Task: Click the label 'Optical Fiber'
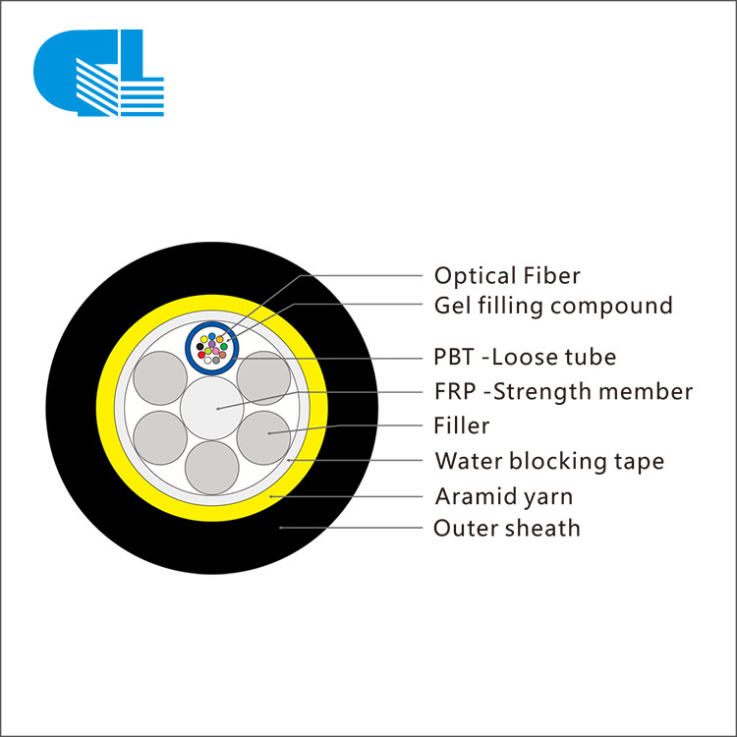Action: click(x=507, y=275)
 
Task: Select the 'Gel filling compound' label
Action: click(x=553, y=306)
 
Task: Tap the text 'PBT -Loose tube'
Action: click(x=525, y=357)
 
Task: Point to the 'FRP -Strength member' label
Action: click(x=563, y=391)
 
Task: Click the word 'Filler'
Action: click(x=461, y=425)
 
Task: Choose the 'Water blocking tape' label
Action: click(x=549, y=461)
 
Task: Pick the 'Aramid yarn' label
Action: click(x=504, y=496)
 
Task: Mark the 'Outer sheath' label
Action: click(x=507, y=529)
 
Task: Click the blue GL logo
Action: click(x=98, y=73)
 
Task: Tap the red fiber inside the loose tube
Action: click(x=201, y=355)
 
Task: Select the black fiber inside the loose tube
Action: click(x=199, y=347)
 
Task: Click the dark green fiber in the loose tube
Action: click(x=224, y=347)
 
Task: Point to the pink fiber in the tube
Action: click(x=216, y=351)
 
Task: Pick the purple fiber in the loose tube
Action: click(x=212, y=344)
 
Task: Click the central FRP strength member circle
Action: click(x=212, y=408)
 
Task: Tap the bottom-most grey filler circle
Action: click(x=212, y=468)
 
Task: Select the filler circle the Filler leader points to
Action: click(x=263, y=437)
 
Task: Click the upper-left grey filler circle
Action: click(x=160, y=378)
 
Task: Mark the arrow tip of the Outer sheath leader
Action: click(x=280, y=528)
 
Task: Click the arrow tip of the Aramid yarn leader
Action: click(x=270, y=496)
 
